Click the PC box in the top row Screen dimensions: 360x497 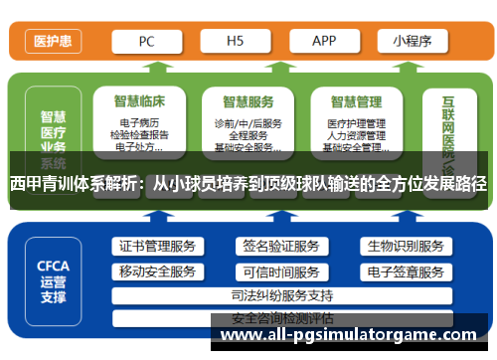point(146,41)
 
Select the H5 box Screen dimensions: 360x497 point(236,41)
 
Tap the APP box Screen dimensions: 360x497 point(324,41)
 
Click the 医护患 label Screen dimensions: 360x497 point(52,42)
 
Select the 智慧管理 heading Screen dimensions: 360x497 point(355,99)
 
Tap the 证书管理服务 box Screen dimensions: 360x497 point(157,247)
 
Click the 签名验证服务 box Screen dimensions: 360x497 point(279,247)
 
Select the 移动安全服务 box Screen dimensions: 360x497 point(157,271)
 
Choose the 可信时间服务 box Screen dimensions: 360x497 point(279,271)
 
